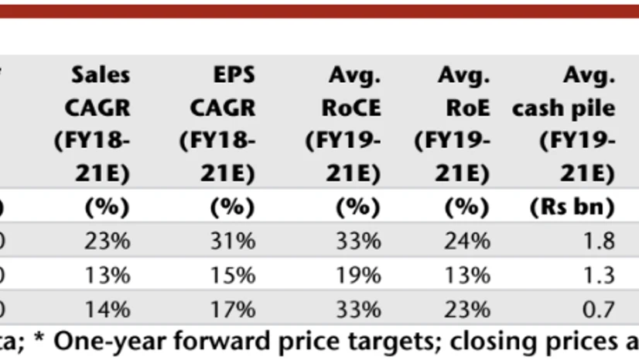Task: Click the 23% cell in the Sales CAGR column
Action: [108, 242]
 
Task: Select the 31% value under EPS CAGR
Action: [232, 242]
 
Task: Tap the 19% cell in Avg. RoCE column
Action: [358, 276]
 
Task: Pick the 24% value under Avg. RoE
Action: [467, 242]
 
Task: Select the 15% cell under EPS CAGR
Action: [232, 276]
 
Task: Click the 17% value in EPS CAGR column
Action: [232, 310]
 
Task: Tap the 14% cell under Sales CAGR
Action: [108, 310]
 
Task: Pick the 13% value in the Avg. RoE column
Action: [467, 276]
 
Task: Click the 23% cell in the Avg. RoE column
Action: [467, 310]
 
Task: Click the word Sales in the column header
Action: [101, 76]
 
